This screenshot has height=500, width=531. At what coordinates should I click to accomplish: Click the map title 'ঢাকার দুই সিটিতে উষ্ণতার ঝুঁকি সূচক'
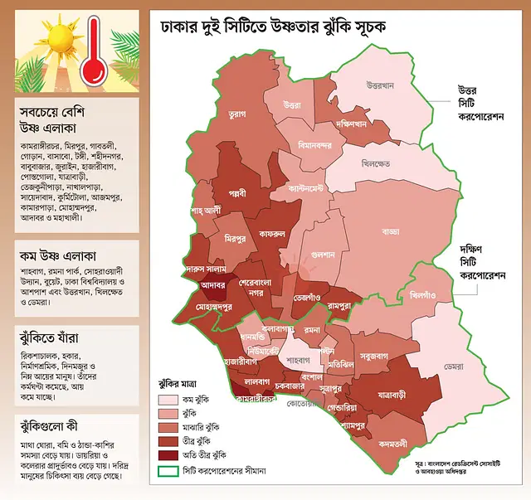[x=274, y=27]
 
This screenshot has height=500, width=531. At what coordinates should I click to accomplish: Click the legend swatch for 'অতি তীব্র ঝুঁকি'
[x=171, y=455]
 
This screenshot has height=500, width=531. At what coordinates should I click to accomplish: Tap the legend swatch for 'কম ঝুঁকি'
[x=171, y=399]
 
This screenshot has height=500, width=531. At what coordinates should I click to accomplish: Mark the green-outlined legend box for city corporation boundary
[x=171, y=471]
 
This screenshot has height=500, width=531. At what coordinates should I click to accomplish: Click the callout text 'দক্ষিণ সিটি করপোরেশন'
[x=481, y=260]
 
